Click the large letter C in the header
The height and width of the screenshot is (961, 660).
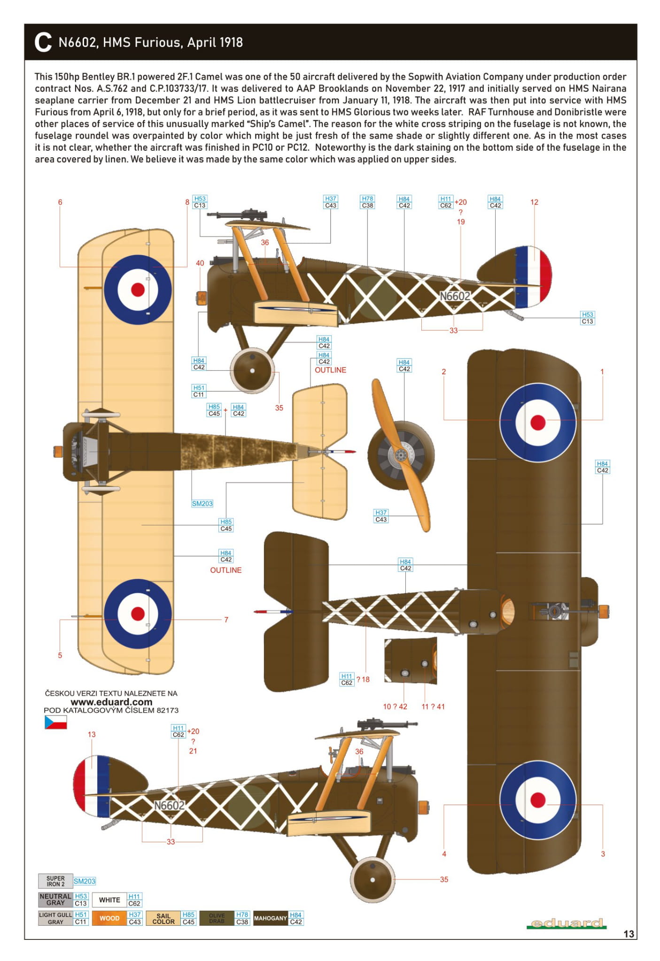[x=43, y=42]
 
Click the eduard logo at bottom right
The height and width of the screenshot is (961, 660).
[x=566, y=923]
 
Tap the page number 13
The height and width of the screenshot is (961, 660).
[x=629, y=934]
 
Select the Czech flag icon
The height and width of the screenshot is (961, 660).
[x=55, y=723]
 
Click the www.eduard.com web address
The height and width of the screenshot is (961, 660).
[x=111, y=702]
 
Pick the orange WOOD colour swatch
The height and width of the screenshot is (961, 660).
[x=109, y=918]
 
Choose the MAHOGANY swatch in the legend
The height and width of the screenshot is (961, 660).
[x=270, y=918]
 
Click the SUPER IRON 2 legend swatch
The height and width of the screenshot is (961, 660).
[x=55, y=881]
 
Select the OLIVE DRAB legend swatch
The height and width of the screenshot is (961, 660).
[x=217, y=918]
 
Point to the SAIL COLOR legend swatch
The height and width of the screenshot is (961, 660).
[x=163, y=918]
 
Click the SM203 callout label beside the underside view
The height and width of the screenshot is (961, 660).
[x=202, y=503]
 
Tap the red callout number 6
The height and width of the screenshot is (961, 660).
[x=60, y=202]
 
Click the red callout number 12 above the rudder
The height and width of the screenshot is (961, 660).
[x=534, y=202]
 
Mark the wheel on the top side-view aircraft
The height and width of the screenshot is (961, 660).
[x=252, y=370]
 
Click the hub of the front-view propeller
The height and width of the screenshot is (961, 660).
[x=401, y=454]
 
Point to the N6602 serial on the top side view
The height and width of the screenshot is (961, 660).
[x=454, y=296]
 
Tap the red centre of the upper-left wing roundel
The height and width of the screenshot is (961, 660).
[x=138, y=289]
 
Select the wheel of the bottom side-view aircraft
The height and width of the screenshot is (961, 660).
[x=373, y=879]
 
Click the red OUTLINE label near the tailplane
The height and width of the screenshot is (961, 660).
[x=330, y=370]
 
